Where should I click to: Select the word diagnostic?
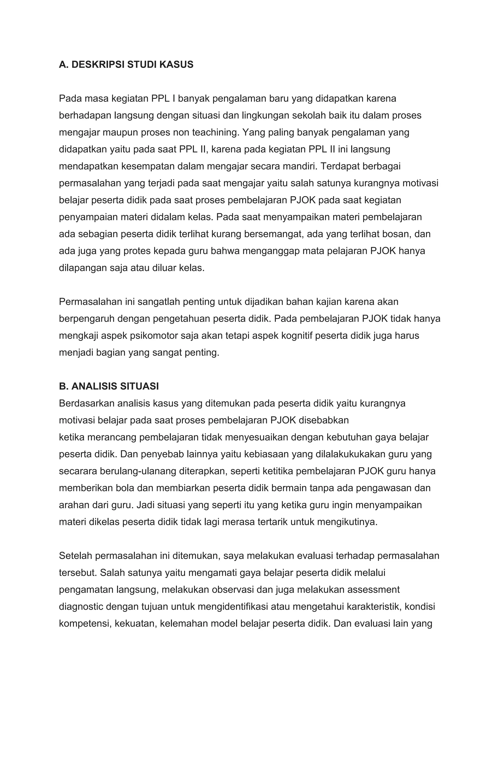pos(81,606)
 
